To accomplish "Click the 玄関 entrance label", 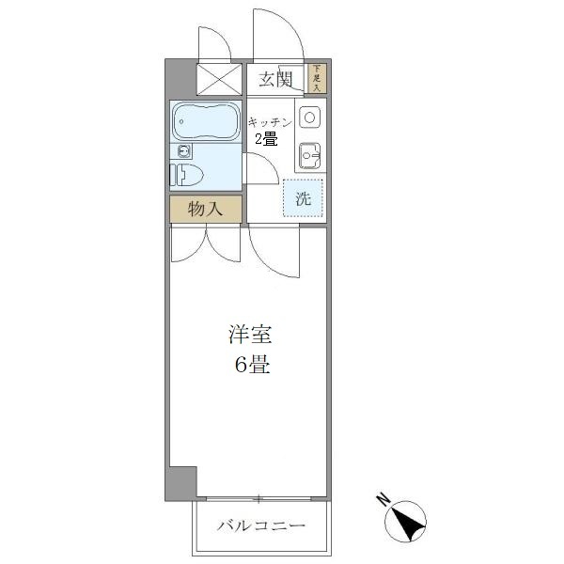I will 277,79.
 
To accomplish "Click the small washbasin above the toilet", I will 182,150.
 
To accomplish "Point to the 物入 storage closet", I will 205,209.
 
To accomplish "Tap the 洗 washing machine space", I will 303,198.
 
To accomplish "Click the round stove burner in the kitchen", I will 309,117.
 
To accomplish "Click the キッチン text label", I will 269,122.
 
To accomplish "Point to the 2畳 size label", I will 265,140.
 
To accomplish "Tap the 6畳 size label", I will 251,366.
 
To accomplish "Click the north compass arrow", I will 408,520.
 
